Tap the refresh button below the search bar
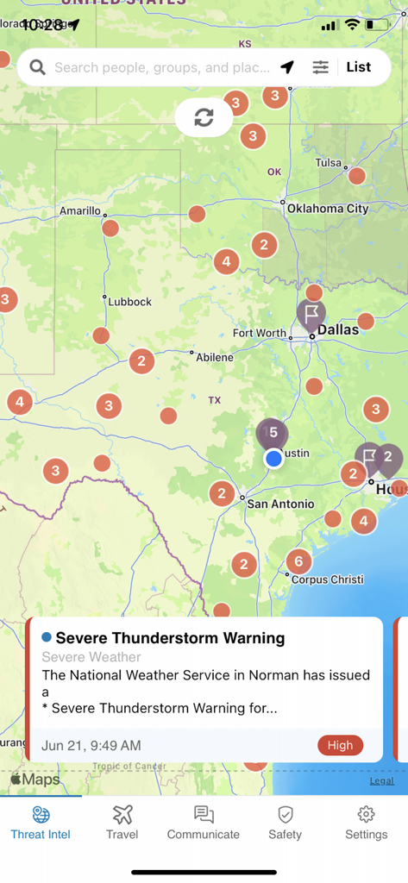click(x=204, y=118)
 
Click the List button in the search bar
click(x=359, y=67)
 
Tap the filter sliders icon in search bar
click(x=320, y=67)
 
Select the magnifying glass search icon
click(x=37, y=67)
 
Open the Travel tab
click(x=122, y=822)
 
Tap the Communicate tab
click(x=204, y=822)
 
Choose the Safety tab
click(x=285, y=822)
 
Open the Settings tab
click(x=366, y=822)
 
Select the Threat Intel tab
click(x=41, y=822)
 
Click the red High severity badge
click(x=340, y=745)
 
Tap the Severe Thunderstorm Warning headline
click(x=170, y=638)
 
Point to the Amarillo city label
click(x=80, y=210)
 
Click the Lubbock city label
click(x=129, y=302)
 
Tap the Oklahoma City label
click(x=328, y=208)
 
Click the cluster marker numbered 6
click(x=298, y=561)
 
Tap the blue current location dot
click(x=273, y=458)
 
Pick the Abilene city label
click(x=214, y=357)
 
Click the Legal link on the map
click(x=381, y=780)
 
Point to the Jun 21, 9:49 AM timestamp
click(x=91, y=745)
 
